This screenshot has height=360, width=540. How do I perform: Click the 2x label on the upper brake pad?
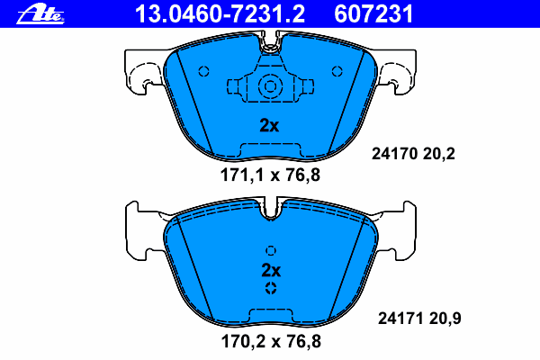269,126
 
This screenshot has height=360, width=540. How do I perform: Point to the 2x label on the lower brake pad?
271,270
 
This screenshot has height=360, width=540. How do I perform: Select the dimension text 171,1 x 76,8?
271,176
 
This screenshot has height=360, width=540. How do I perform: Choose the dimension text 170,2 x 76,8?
271,342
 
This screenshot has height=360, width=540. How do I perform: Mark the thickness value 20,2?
441,154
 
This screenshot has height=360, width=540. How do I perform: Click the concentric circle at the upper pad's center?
269,86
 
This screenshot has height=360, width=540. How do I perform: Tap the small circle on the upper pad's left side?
203,72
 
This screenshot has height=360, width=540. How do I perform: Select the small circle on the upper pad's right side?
337,72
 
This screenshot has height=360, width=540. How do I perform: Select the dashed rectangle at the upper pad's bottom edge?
269,149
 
